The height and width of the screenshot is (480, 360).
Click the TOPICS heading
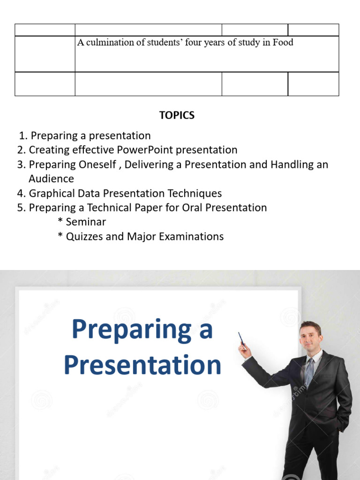pos(177,115)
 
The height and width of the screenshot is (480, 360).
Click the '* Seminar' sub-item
pos(82,222)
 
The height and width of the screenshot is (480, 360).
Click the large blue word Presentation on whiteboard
pos(142,365)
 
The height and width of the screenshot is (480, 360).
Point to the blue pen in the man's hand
pos(241,339)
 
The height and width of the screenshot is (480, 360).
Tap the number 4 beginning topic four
pos(21,193)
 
